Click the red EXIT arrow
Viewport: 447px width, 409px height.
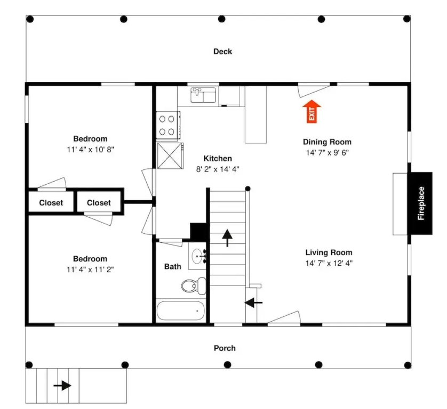[312, 112]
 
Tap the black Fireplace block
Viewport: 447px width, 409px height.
[421, 203]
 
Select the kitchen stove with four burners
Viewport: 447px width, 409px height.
[168, 125]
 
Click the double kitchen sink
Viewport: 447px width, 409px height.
[203, 95]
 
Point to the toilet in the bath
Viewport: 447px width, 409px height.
[194, 286]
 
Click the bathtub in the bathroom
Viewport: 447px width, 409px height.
[180, 310]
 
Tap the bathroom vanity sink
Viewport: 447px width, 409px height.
[197, 256]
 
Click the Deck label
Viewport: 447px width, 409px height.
[222, 52]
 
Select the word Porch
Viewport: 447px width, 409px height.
[225, 348]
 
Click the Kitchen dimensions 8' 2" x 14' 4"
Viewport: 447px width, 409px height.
[218, 169]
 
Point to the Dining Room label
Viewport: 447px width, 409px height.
[327, 142]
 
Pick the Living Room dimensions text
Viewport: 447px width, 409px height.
[329, 263]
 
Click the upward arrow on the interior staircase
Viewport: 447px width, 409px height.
[227, 238]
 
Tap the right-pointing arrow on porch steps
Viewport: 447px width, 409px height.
[62, 386]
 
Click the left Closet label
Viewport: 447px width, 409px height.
[51, 203]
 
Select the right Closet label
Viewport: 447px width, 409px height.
[99, 203]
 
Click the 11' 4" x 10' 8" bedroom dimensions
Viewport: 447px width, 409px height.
[90, 150]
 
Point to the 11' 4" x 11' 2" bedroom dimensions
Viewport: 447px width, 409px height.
[90, 269]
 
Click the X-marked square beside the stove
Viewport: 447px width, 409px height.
[170, 156]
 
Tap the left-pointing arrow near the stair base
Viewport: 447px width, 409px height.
[253, 303]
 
